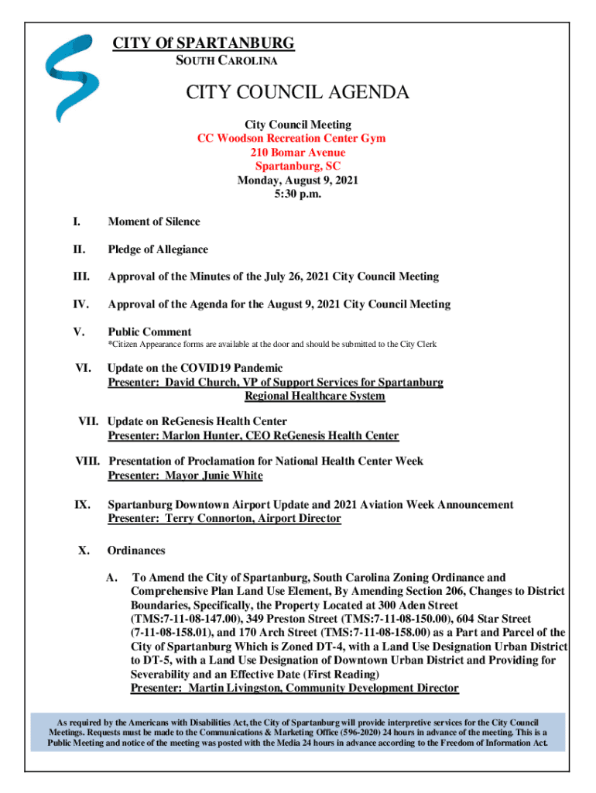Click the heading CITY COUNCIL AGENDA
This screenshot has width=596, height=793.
pos(297,94)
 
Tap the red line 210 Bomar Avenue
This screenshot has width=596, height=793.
pos(297,153)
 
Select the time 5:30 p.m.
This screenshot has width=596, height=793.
pos(297,194)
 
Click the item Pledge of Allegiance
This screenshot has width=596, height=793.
pos(158,249)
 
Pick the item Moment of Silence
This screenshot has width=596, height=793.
pos(154,221)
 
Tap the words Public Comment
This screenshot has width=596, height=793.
pos(149,332)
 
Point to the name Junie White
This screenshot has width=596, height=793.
pos(232,475)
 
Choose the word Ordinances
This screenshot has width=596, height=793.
pos(136,551)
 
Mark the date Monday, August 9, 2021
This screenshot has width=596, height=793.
pos(297,180)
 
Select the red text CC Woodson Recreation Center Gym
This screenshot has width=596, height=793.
pos(291,139)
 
